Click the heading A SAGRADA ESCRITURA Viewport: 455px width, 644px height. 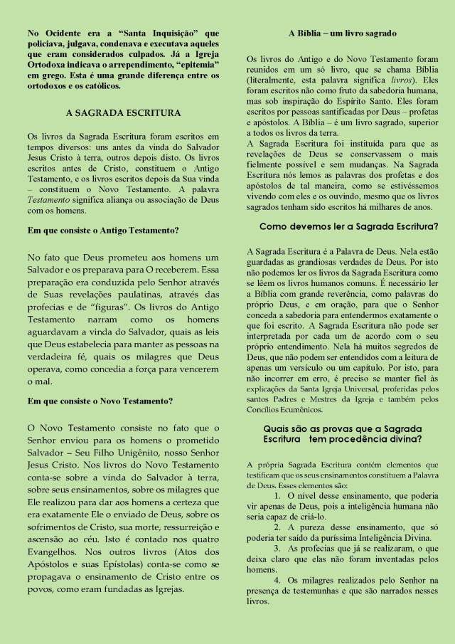coord(123,112)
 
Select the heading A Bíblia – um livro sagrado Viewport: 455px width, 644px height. coord(342,33)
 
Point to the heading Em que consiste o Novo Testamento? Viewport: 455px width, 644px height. coord(100,401)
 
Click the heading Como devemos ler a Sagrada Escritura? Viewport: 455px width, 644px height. coord(348,227)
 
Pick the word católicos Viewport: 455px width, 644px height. coord(100,86)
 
